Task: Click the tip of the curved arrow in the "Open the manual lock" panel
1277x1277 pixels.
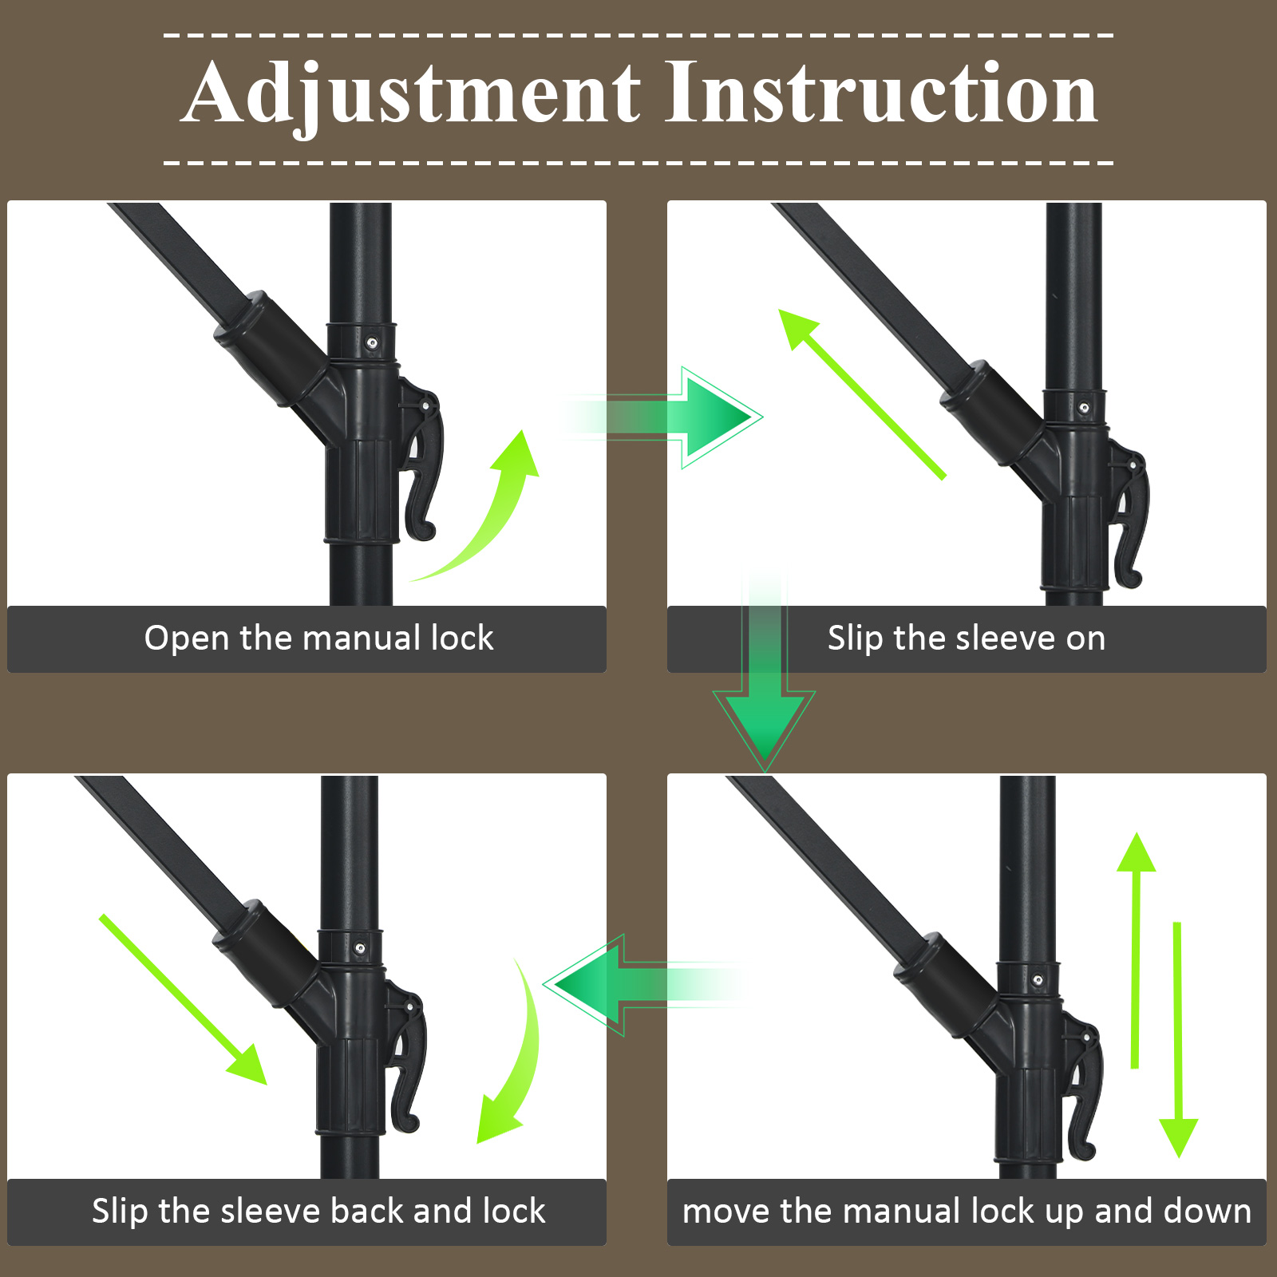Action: coord(524,431)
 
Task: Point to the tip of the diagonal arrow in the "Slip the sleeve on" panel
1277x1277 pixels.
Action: coord(781,311)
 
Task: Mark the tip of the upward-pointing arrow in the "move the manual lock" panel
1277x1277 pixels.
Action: coord(1136,833)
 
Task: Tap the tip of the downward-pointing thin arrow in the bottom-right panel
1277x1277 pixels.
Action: coord(1178,1156)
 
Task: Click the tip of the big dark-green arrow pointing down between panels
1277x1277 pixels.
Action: coord(765,769)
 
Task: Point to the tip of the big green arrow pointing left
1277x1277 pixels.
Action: coord(544,985)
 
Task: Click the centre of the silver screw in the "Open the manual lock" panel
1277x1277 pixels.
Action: coord(372,343)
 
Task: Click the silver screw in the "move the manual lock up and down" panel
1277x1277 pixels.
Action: coord(1038,979)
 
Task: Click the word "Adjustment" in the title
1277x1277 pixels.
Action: coord(413,94)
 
